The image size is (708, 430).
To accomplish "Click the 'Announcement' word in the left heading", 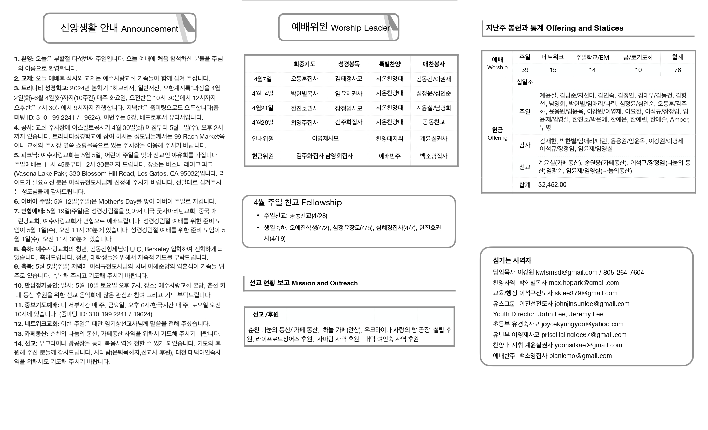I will (x=150, y=29).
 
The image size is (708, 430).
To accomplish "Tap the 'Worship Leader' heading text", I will (x=360, y=28).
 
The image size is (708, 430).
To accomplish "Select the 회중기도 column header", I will (x=304, y=64).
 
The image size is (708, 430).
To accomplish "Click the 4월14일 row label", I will (x=263, y=93).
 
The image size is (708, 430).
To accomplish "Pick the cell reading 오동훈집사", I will (x=304, y=79).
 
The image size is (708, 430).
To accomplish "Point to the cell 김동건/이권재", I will (x=434, y=79).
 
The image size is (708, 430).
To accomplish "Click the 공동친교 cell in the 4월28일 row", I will (x=434, y=122).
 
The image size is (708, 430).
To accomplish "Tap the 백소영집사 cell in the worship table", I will (x=434, y=156).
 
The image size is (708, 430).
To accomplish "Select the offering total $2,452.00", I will (x=552, y=185).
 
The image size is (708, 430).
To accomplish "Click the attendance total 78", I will (x=677, y=70).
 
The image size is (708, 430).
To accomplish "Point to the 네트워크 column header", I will (x=553, y=57).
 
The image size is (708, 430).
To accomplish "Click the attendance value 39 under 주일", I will (x=525, y=70).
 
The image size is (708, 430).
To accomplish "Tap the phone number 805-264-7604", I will (x=623, y=273).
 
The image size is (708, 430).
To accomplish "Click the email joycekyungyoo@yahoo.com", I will (x=582, y=324).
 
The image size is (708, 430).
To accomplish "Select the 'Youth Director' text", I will (x=514, y=314).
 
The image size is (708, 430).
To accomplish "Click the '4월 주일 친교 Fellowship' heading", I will (x=297, y=203).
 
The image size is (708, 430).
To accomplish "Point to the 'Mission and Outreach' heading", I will (x=324, y=283).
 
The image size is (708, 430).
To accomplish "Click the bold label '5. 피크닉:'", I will (x=27, y=155).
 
